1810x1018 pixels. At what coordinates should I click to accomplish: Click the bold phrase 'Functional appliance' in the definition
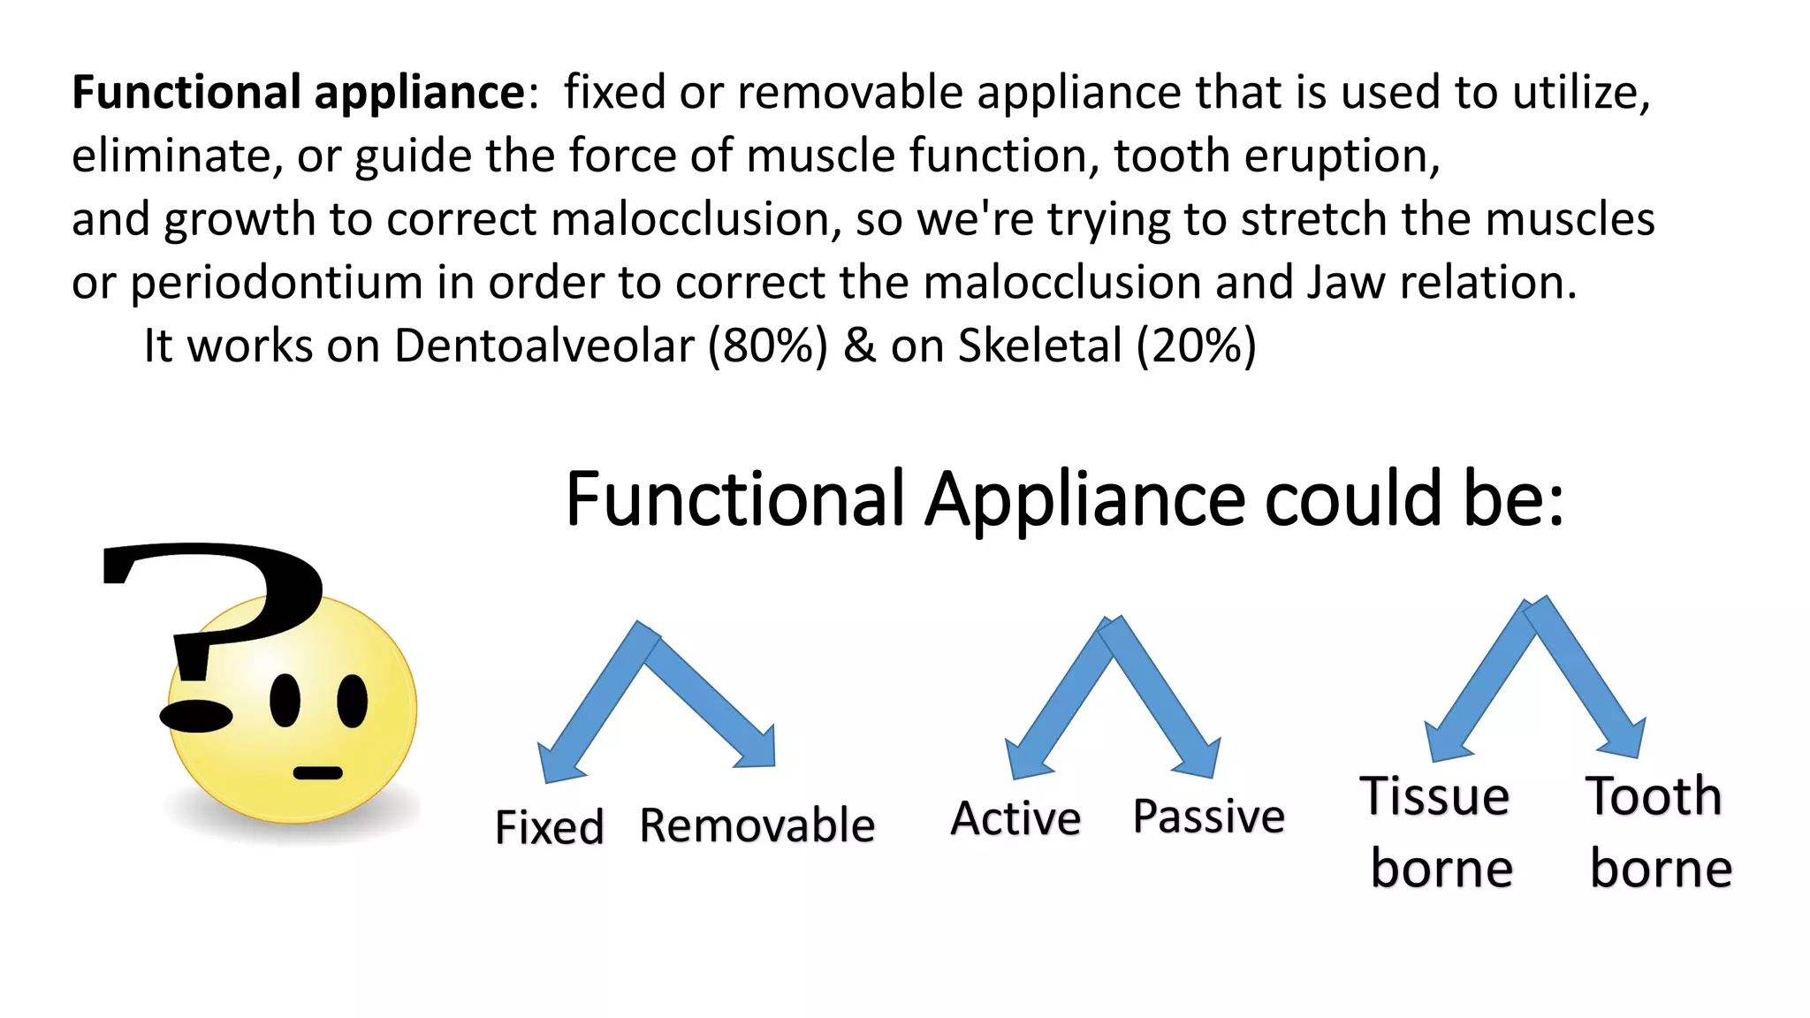pos(299,93)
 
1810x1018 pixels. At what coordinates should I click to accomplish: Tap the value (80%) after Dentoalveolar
pos(767,346)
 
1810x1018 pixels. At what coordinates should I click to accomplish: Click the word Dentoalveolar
pos(544,346)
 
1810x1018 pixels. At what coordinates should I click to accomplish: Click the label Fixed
pos(549,827)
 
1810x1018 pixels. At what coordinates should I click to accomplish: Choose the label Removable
pos(757,825)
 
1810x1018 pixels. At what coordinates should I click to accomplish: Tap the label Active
pos(1015,818)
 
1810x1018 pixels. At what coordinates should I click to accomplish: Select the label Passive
pos(1208,816)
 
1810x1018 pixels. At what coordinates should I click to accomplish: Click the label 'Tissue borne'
pos(1438,832)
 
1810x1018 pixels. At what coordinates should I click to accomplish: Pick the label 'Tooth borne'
pos(1658,832)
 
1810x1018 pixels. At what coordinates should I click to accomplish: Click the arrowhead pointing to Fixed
pos(559,762)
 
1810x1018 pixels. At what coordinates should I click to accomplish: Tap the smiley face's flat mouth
pos(317,773)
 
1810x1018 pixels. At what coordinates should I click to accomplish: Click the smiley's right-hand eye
pos(352,702)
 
